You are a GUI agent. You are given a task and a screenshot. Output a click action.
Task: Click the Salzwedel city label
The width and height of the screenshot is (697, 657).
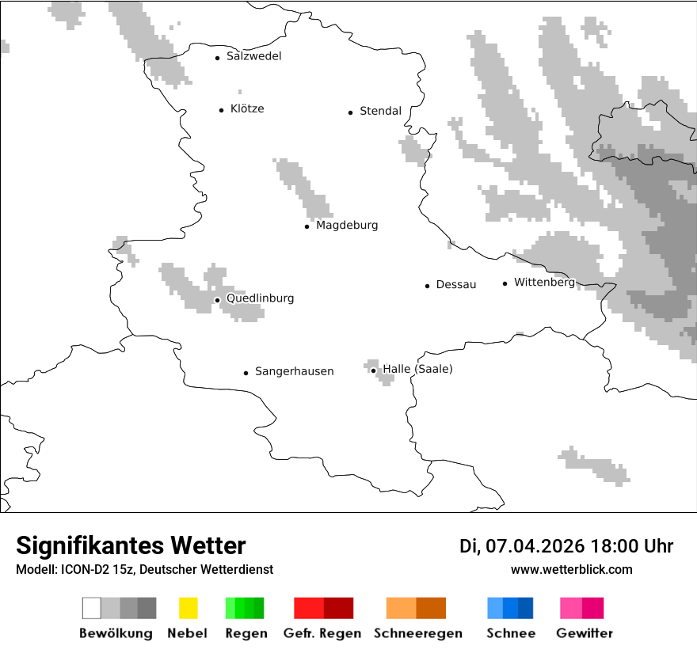point(253,56)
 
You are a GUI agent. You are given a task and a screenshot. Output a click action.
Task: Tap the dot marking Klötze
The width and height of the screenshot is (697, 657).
point(221,110)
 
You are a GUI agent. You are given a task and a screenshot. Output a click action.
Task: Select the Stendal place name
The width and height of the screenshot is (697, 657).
point(380,112)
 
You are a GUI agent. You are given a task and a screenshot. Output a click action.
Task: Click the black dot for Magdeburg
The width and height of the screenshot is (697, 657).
point(307,226)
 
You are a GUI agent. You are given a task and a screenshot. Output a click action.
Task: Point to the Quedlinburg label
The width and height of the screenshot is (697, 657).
point(260,298)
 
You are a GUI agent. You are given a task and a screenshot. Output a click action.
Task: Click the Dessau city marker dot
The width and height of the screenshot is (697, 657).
point(427,286)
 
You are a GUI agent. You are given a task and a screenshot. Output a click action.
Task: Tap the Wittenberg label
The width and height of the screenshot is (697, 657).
point(544,283)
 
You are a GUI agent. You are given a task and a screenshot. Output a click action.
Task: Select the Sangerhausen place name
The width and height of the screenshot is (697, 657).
point(294,371)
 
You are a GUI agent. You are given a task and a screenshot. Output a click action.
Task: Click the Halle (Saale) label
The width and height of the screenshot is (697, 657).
point(417,370)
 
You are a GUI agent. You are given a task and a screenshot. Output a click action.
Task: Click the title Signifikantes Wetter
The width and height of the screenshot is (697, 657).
point(131,545)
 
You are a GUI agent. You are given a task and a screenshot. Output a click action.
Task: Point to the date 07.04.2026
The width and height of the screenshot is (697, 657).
point(535,546)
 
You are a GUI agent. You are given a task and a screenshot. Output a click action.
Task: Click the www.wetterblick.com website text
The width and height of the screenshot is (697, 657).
point(571,569)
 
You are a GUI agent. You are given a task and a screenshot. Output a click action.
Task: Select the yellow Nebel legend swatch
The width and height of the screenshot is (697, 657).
point(188,608)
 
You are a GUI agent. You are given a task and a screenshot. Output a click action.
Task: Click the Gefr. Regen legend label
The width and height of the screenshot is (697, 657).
point(323,633)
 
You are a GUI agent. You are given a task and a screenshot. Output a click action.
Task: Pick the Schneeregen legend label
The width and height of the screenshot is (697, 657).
point(417,633)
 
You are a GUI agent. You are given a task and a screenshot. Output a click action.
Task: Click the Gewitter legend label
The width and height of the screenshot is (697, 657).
point(584,633)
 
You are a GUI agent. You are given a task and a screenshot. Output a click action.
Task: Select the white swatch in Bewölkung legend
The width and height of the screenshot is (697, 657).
point(92,608)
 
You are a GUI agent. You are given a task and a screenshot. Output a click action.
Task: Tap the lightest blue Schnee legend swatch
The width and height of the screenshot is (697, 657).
point(495,608)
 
